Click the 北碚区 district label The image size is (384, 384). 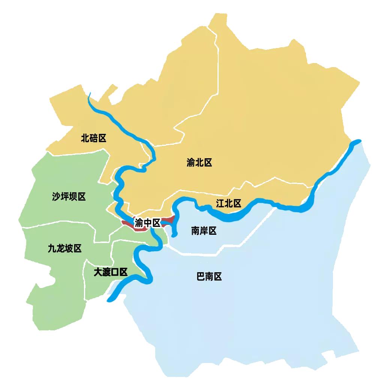[94, 138]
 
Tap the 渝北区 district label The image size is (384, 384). [199, 163]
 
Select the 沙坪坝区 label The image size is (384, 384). [69, 196]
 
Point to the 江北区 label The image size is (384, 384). [228, 204]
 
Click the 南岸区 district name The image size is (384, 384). [204, 231]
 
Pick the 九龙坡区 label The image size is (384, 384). [65, 248]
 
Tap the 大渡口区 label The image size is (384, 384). [111, 272]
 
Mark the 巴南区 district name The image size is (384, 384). [209, 277]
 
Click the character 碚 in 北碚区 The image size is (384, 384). [94, 138]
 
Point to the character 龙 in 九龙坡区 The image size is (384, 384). [61, 248]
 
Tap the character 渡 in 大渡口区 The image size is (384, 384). [106, 272]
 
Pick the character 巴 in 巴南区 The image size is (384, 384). [201, 277]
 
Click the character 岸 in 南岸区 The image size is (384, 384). [204, 231]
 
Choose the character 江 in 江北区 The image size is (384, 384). [220, 204]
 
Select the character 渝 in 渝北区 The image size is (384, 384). [191, 163]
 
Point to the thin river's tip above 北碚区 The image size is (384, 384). [89, 94]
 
